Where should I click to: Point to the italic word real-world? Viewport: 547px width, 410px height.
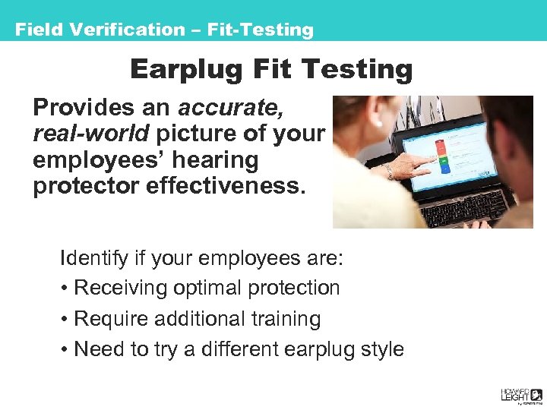click(x=91, y=134)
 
